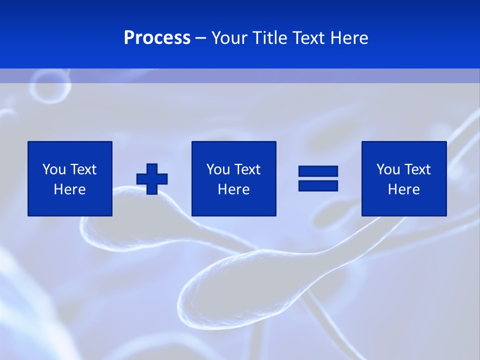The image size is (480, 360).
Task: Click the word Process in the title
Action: coord(157,38)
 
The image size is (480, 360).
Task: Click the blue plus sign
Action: coord(152,178)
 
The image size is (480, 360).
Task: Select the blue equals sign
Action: coord(318,178)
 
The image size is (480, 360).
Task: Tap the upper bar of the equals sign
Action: coord(318,171)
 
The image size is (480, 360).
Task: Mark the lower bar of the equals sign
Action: coord(318,185)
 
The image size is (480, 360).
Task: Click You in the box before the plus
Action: coord(54,169)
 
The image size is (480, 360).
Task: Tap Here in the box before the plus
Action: coord(70,189)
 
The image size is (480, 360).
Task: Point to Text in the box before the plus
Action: coord(83,169)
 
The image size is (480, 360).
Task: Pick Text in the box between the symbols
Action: coord(247,169)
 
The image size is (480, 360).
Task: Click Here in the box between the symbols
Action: coord(233,189)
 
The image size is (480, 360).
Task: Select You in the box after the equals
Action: coord(388,169)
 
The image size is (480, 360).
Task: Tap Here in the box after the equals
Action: coord(404,189)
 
